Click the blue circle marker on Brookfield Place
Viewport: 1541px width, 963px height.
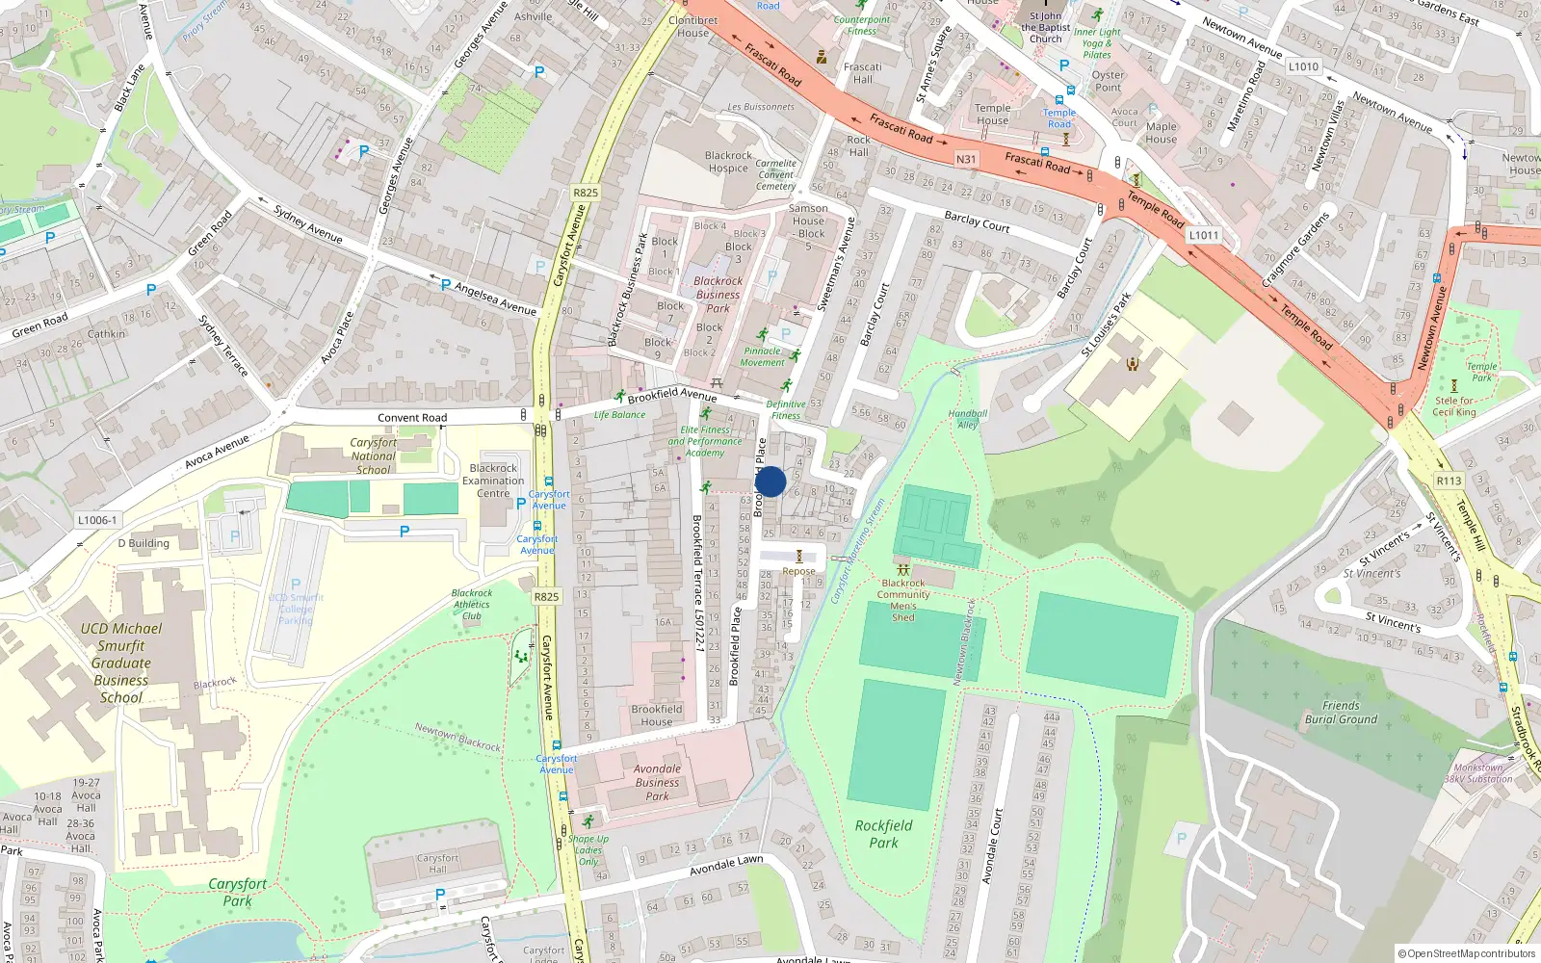(x=770, y=481)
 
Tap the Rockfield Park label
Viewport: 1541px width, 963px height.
(x=883, y=834)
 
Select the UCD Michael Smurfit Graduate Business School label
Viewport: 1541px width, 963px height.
(x=121, y=663)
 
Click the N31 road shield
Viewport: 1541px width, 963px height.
(x=966, y=159)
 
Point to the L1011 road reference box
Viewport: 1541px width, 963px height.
(x=1204, y=235)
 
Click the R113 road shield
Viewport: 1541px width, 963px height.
(x=1449, y=481)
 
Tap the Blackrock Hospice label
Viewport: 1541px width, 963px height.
(x=728, y=162)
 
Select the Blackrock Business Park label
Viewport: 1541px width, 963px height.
(x=718, y=295)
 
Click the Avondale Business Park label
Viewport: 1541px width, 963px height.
(x=657, y=782)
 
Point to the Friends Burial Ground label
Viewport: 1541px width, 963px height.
(x=1341, y=713)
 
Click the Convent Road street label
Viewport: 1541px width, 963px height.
(x=412, y=418)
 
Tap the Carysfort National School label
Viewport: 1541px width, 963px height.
(x=374, y=456)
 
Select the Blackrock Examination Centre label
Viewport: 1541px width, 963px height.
(x=493, y=481)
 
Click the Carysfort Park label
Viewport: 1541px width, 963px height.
(x=238, y=892)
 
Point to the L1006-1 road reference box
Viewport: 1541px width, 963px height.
(x=97, y=520)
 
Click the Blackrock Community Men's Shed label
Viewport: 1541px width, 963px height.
(x=903, y=600)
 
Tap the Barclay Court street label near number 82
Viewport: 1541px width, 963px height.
(x=977, y=221)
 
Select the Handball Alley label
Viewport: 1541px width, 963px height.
(x=967, y=419)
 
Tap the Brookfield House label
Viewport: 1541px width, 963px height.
(x=657, y=716)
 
